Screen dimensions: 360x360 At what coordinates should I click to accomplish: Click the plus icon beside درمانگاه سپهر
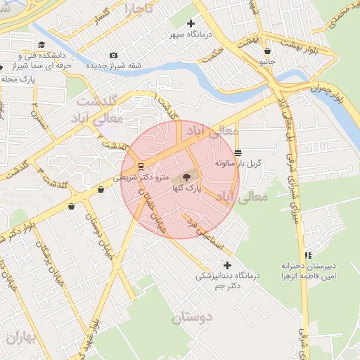point(191,23)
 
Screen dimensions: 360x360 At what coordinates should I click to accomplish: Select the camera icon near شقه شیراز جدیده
point(114,56)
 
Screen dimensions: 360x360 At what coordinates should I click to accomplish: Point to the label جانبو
point(267,62)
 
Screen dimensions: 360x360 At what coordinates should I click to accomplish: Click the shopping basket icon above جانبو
point(267,51)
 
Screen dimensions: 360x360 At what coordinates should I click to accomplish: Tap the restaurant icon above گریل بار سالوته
point(238,152)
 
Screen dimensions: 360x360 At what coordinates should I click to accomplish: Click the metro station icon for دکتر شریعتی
point(141,167)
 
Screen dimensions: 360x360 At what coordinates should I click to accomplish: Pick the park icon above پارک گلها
point(186,177)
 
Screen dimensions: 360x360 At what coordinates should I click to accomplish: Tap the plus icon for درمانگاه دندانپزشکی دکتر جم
point(226,265)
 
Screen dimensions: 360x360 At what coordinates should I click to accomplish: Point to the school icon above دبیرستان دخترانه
point(307,255)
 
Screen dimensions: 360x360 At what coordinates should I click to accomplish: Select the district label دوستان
point(192,317)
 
